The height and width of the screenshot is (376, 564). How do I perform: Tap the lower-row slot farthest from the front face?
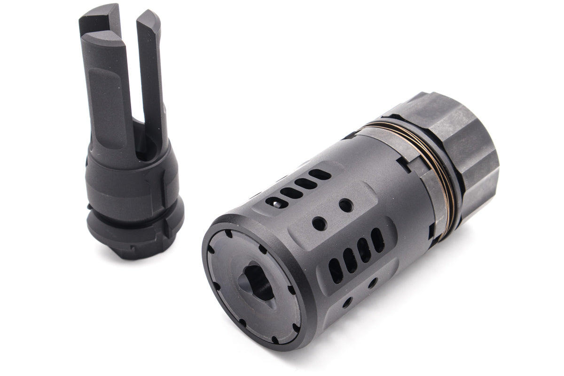click(x=378, y=240)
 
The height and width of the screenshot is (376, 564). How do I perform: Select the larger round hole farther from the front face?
click(x=346, y=205)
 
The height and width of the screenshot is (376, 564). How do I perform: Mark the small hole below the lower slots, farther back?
click(x=372, y=282)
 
